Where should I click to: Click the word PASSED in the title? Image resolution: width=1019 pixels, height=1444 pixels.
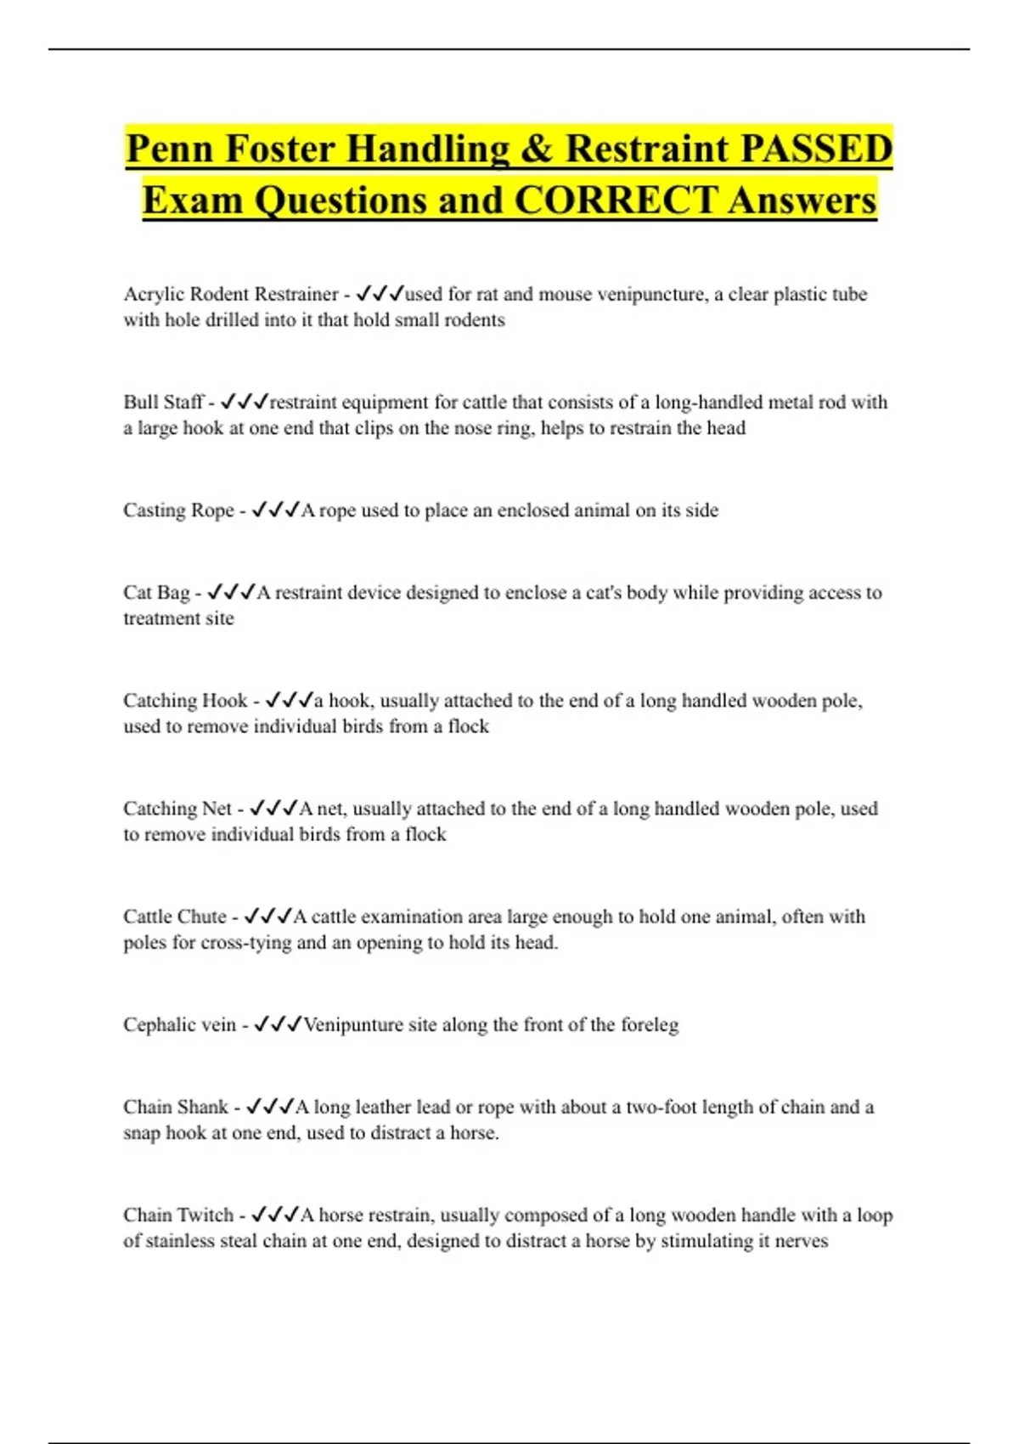coord(816,149)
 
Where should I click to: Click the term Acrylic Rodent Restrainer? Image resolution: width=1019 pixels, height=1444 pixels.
coord(230,294)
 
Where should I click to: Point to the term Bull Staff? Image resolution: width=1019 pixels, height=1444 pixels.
coord(164,402)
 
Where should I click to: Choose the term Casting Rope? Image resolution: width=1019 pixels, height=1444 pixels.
coord(178,510)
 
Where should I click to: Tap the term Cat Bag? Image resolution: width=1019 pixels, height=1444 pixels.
coord(156,592)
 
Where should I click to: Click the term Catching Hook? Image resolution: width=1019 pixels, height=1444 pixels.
coord(185,700)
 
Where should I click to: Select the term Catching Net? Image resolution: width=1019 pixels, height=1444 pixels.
coord(177,808)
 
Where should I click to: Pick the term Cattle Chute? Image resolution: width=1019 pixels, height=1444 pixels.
coord(174,916)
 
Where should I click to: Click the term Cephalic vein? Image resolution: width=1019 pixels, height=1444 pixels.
coord(179,1024)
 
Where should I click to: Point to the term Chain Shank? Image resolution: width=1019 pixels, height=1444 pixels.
coord(175,1107)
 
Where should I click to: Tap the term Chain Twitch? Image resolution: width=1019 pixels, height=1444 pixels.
coord(177,1215)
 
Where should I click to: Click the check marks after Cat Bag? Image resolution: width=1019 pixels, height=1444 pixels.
coord(231,592)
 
